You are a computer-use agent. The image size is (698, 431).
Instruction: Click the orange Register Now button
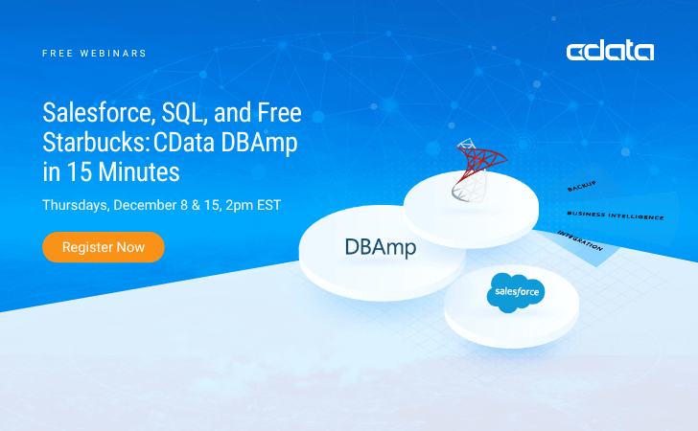(x=104, y=247)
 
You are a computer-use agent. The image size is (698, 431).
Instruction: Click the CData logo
(x=610, y=52)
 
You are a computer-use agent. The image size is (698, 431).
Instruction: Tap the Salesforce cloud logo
(x=516, y=292)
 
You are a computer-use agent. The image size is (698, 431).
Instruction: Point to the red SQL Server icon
(x=478, y=170)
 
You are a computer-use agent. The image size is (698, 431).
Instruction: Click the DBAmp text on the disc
(x=381, y=248)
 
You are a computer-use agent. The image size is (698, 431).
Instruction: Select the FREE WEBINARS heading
(x=94, y=54)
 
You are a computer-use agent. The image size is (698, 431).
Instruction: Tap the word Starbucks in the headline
(x=95, y=143)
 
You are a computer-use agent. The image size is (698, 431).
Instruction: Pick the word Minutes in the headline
(x=139, y=172)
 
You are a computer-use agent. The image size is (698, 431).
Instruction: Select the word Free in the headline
(x=280, y=112)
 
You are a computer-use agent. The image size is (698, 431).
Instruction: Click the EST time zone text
(x=268, y=205)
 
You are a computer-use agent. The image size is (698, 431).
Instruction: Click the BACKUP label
(x=581, y=187)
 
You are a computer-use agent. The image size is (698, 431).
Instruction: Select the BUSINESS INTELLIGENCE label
(x=616, y=215)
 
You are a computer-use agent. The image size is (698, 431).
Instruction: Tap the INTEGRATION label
(x=580, y=240)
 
